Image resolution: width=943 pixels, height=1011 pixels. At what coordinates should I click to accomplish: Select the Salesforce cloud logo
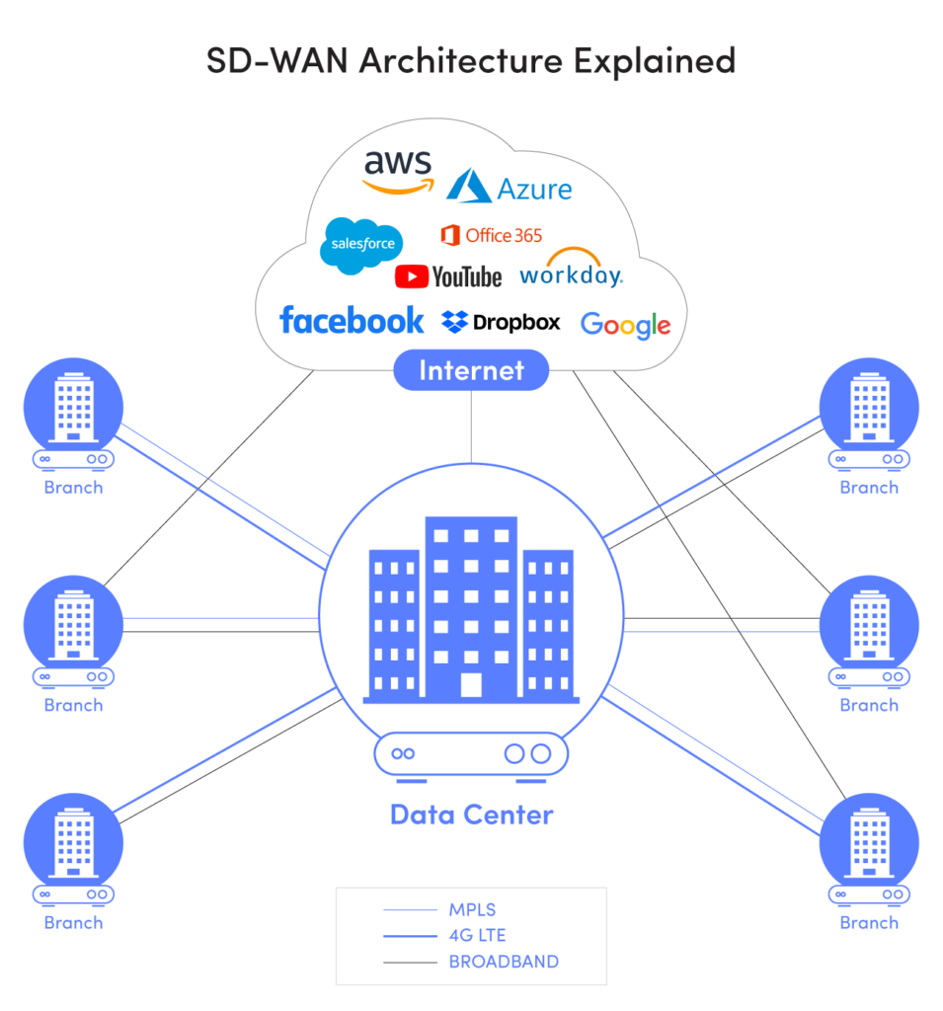[362, 242]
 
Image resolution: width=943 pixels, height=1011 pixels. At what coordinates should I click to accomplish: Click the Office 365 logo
[491, 235]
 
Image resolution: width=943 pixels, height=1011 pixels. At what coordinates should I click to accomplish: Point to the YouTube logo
[448, 276]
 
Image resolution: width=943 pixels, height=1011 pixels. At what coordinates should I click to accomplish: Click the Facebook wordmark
[352, 320]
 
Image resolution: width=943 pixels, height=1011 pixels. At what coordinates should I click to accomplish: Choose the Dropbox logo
[501, 322]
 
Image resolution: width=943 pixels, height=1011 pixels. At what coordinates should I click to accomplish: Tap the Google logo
[625, 325]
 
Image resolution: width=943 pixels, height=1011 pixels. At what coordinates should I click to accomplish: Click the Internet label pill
[471, 370]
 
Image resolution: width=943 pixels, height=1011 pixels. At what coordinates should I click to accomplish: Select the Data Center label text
[471, 815]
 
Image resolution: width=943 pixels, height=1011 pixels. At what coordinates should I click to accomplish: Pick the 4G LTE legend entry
[477, 935]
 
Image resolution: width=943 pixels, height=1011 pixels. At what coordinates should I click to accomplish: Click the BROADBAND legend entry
[503, 962]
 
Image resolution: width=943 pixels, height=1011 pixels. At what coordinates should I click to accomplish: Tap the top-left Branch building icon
[74, 406]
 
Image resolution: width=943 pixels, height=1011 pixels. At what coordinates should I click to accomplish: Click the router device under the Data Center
[471, 753]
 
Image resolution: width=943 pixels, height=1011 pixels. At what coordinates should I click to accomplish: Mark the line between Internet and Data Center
[471, 427]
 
